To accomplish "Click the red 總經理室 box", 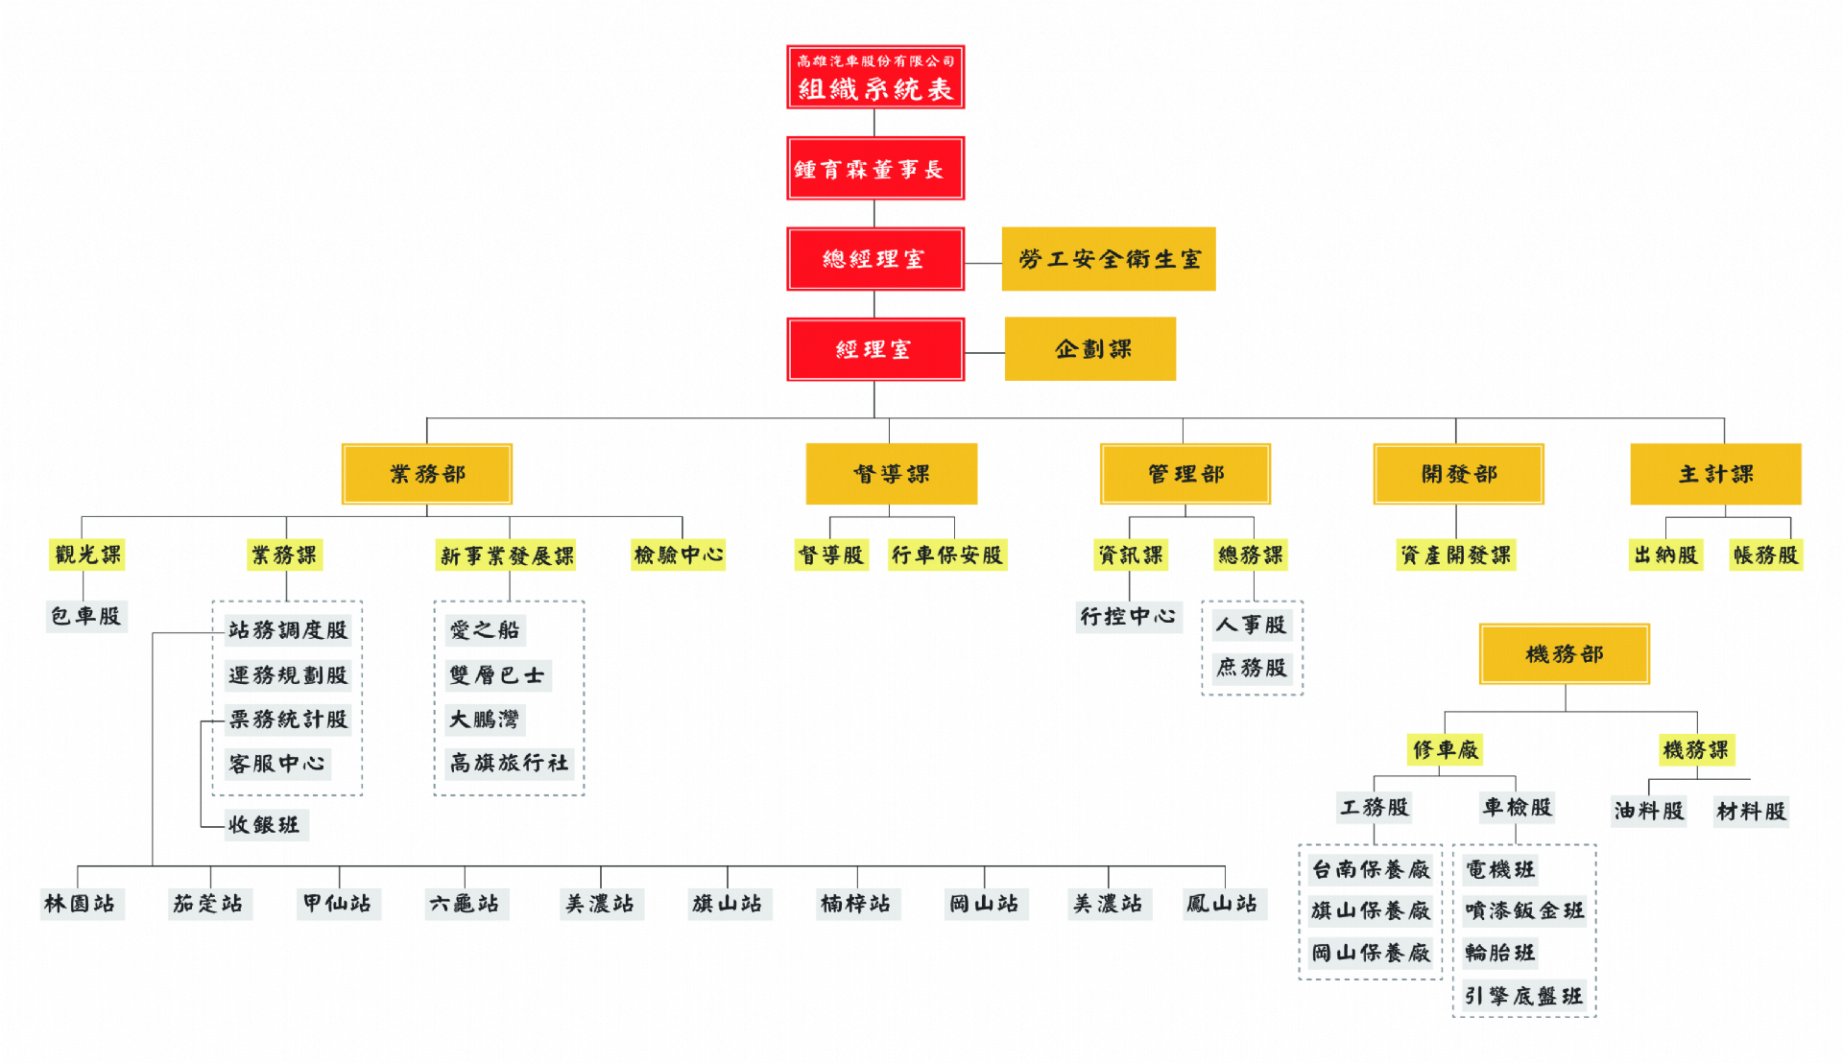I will pos(874,259).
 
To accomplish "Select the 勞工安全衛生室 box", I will pos(1109,259).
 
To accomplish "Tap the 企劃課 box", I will pos(1090,349).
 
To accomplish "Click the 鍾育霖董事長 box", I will pos(874,169).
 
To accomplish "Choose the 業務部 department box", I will pos(427,474).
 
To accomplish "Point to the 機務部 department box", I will pos(1565,654).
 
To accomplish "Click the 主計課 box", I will pos(1715,474).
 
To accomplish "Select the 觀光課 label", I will pos(87,555).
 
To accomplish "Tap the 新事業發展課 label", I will pos(507,555).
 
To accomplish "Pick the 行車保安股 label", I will pos(946,555).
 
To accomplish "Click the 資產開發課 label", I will pos(1455,555).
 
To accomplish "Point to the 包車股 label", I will pos(86,616).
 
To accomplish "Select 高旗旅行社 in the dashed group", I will pos(509,764).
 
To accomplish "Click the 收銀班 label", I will pos(264,825).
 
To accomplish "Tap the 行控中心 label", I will pos(1128,616).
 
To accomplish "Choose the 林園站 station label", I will pos(80,904).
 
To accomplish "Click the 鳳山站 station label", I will pos(1222,904).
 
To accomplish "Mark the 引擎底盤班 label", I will pos(1523,997).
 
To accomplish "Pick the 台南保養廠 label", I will pos(1371,869).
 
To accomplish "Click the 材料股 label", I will pos(1751,812).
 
